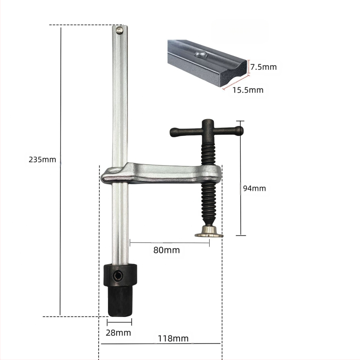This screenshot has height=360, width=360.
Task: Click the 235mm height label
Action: pyautogui.click(x=42, y=159)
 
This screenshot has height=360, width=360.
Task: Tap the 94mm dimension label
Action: pyautogui.click(x=254, y=188)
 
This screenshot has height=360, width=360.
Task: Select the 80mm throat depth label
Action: pyautogui.click(x=166, y=250)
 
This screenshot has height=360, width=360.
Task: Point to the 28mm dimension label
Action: pyautogui.click(x=118, y=333)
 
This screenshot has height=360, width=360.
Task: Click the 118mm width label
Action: pyautogui.click(x=173, y=338)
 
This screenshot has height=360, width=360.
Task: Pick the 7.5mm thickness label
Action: pyautogui.click(x=263, y=67)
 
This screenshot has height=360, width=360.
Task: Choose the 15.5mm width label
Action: pyautogui.click(x=248, y=90)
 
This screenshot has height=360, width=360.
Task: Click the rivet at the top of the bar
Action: pyautogui.click(x=119, y=30)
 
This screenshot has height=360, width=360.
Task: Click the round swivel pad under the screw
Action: pyautogui.click(x=209, y=232)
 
